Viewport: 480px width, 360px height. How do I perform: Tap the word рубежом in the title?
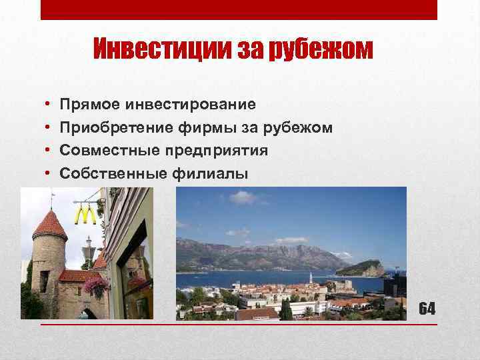pos(319,50)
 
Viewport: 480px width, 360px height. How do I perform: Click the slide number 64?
pos(427,308)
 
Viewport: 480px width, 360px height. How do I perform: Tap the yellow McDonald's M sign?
pos(85,215)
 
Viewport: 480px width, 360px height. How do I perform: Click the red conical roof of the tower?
pos(49,224)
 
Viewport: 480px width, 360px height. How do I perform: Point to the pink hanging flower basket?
pos(97,287)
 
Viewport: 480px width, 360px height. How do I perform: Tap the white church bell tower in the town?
pos(311,279)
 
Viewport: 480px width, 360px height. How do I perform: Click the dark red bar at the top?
pos(239,9)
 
